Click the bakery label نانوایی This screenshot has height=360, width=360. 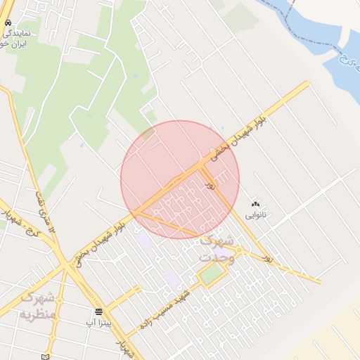255,213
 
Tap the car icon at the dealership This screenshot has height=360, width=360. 7,23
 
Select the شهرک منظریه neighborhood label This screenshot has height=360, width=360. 41,304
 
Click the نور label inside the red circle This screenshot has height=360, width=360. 210,184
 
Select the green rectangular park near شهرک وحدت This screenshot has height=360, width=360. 210,274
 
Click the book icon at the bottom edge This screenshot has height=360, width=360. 46,356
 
